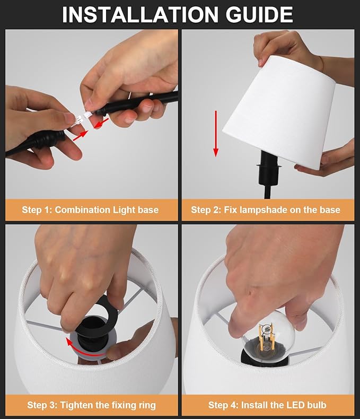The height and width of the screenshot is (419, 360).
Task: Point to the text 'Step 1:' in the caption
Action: click(37, 210)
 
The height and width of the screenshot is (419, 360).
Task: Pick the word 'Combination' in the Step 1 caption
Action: click(82, 210)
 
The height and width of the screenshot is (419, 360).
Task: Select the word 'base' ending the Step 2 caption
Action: click(329, 210)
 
